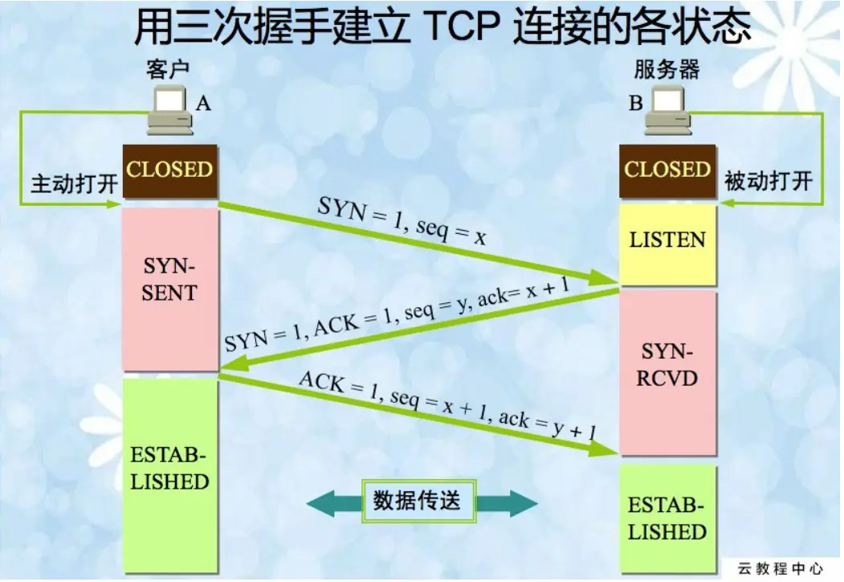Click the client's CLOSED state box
click(169, 170)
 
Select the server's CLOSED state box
click(667, 170)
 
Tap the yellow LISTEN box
click(667, 240)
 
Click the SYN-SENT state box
click(169, 281)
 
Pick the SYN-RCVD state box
click(667, 366)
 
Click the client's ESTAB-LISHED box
click(169, 470)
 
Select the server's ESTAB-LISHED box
click(667, 519)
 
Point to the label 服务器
click(667, 68)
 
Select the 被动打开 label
click(769, 181)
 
